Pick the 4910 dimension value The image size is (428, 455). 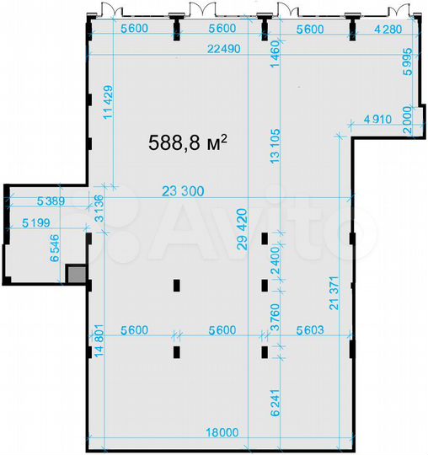point(378,119)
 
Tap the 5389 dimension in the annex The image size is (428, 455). point(53,203)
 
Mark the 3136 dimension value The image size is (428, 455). point(99,208)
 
